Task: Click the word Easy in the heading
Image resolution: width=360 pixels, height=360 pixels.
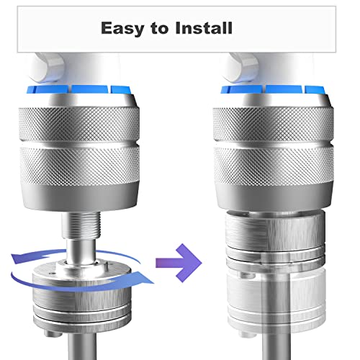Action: [x=123, y=28]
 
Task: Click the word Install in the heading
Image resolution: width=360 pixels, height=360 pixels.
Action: [x=204, y=28]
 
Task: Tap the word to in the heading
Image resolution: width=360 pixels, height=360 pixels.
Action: [x=160, y=28]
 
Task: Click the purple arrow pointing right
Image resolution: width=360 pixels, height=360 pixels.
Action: [x=179, y=263]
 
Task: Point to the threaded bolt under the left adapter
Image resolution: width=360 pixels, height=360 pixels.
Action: [x=80, y=226]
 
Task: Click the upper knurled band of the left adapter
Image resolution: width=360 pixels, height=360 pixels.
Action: [x=79, y=125]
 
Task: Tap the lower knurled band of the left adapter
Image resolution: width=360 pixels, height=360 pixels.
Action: [x=80, y=166]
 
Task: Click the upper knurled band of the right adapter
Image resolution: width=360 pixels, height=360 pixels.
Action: [x=273, y=125]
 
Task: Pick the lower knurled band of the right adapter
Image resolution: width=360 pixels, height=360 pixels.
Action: [x=274, y=166]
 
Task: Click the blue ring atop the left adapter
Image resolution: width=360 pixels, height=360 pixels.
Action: [x=78, y=89]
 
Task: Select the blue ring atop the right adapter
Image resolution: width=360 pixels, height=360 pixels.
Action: [x=273, y=89]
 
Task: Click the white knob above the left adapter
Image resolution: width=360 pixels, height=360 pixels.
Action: [x=47, y=67]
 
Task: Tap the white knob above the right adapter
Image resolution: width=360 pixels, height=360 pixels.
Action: [x=240, y=67]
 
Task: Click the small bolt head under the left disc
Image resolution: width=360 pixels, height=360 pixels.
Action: [x=51, y=333]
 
